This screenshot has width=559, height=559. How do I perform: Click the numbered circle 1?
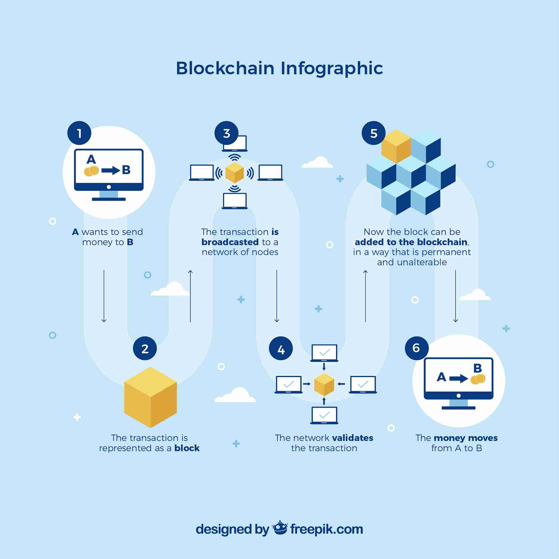point(79,133)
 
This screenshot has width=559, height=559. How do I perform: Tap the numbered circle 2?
point(145,348)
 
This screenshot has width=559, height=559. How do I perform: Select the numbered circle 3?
point(226,133)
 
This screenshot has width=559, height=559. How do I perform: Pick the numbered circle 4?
point(281,348)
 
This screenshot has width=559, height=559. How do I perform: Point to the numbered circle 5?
point(373,133)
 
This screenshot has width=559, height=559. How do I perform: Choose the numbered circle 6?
point(416,348)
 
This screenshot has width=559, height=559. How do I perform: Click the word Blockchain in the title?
point(225,68)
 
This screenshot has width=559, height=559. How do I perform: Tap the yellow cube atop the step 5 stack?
point(396,146)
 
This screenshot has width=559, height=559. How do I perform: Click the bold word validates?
point(353,438)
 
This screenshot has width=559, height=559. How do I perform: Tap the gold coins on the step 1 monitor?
point(91,171)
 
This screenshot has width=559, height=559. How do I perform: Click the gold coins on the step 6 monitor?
point(478,379)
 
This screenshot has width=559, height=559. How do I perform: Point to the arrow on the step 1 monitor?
point(110,170)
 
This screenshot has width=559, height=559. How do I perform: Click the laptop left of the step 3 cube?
point(202,173)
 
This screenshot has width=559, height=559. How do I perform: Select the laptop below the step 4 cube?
point(324,416)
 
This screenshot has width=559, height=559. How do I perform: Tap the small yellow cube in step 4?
point(324,384)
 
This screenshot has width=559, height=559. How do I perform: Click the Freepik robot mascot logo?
point(280,528)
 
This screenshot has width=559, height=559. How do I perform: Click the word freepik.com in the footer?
point(326,529)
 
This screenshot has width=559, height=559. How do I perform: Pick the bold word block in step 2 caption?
point(187,448)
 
